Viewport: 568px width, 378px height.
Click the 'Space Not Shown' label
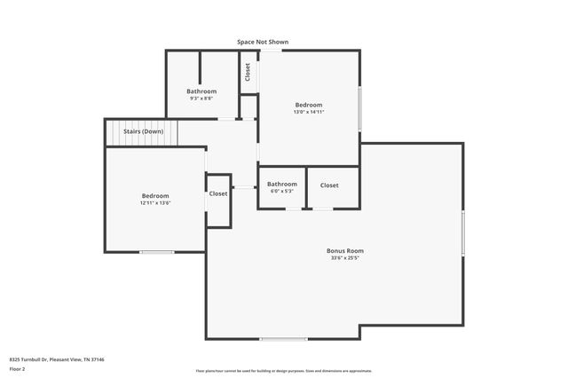tap(262, 42)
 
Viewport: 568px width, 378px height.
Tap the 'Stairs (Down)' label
tap(143, 131)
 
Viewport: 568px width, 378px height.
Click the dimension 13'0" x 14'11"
tap(309, 112)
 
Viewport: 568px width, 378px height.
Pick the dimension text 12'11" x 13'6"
tap(154, 203)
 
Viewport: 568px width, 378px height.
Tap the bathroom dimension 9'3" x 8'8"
tap(201, 98)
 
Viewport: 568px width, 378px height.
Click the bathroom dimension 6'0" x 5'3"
tap(282, 192)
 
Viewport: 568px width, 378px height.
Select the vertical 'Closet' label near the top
tap(248, 72)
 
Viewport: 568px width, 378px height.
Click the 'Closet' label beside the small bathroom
tap(329, 185)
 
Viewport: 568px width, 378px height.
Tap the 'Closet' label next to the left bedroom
tap(218, 193)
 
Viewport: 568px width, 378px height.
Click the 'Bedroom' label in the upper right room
tap(309, 105)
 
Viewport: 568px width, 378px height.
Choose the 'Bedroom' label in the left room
tap(154, 196)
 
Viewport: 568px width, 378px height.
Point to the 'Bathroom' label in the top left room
tap(201, 91)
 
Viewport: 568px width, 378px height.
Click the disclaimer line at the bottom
tap(284, 371)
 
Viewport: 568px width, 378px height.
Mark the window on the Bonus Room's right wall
tap(463, 232)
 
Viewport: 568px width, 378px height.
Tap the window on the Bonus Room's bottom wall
tap(284, 339)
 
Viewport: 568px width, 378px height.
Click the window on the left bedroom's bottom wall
tap(157, 253)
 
